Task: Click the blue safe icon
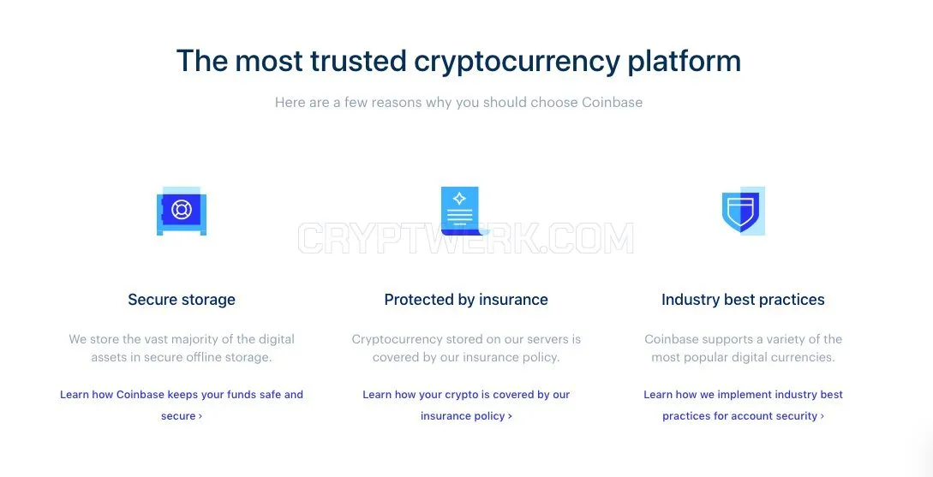click(x=182, y=212)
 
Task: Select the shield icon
click(x=743, y=212)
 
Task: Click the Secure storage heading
click(x=182, y=299)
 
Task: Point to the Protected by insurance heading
click(x=466, y=299)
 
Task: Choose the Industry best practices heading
click(x=743, y=299)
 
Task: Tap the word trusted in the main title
click(x=357, y=61)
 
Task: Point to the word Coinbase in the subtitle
click(x=613, y=102)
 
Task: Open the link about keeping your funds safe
click(x=182, y=405)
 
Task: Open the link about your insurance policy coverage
click(x=466, y=405)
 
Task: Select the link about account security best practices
click(x=743, y=405)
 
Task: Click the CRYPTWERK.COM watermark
click(x=466, y=238)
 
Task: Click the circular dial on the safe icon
click(x=182, y=209)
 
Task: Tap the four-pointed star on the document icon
click(x=459, y=198)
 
